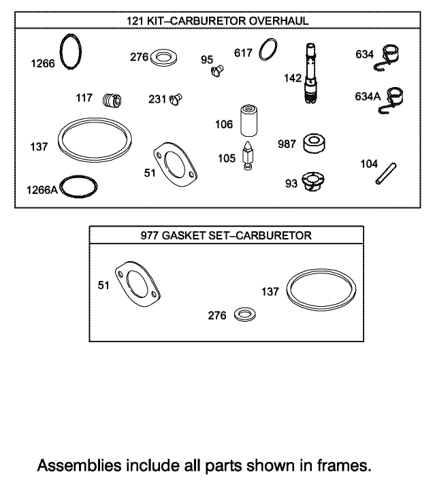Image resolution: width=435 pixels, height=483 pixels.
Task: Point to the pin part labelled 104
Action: click(x=387, y=173)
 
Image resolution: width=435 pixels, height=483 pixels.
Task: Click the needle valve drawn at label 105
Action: click(x=247, y=158)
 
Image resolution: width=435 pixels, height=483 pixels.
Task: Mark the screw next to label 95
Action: click(x=218, y=69)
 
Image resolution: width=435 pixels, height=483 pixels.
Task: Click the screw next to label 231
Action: click(x=176, y=99)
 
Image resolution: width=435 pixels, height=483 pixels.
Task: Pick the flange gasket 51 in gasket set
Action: click(x=140, y=280)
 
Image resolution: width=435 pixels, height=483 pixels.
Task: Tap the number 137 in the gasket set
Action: click(x=270, y=291)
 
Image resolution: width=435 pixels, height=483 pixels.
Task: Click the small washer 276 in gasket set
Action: click(x=244, y=314)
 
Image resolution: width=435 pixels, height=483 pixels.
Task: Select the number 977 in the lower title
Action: click(x=150, y=235)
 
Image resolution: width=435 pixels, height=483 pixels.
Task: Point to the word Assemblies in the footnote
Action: click(x=74, y=467)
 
